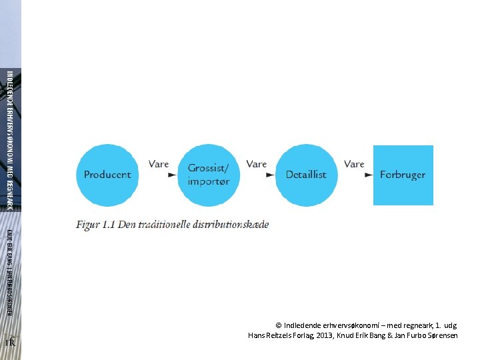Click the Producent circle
click(107, 175)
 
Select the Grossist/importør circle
click(209, 175)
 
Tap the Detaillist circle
click(306, 175)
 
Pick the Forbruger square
click(403, 175)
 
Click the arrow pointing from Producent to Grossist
click(172, 175)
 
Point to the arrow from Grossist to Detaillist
click(269, 175)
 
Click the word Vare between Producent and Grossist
click(159, 164)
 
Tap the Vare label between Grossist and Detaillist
click(257, 164)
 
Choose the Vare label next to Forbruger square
click(355, 164)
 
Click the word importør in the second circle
click(209, 181)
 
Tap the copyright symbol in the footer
click(279, 325)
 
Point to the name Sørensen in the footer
click(440, 335)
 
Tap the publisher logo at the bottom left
click(10, 342)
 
